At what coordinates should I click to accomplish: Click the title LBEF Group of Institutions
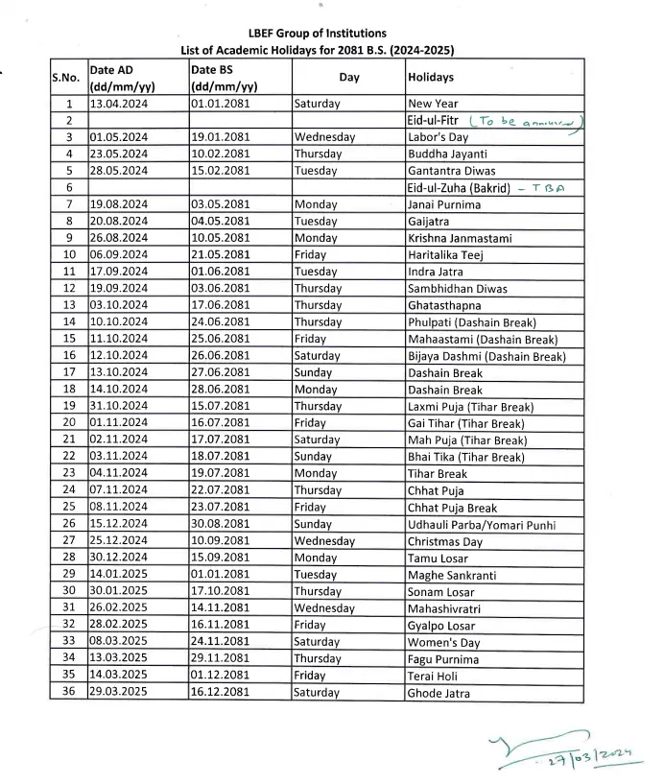tap(317, 33)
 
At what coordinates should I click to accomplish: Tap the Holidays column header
tap(431, 76)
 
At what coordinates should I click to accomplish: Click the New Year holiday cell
tap(433, 104)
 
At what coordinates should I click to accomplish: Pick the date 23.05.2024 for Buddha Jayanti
tap(121, 154)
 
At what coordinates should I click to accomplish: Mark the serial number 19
tap(68, 407)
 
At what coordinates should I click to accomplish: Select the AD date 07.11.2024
tap(121, 490)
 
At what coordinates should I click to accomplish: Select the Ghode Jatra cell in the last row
tap(439, 693)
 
